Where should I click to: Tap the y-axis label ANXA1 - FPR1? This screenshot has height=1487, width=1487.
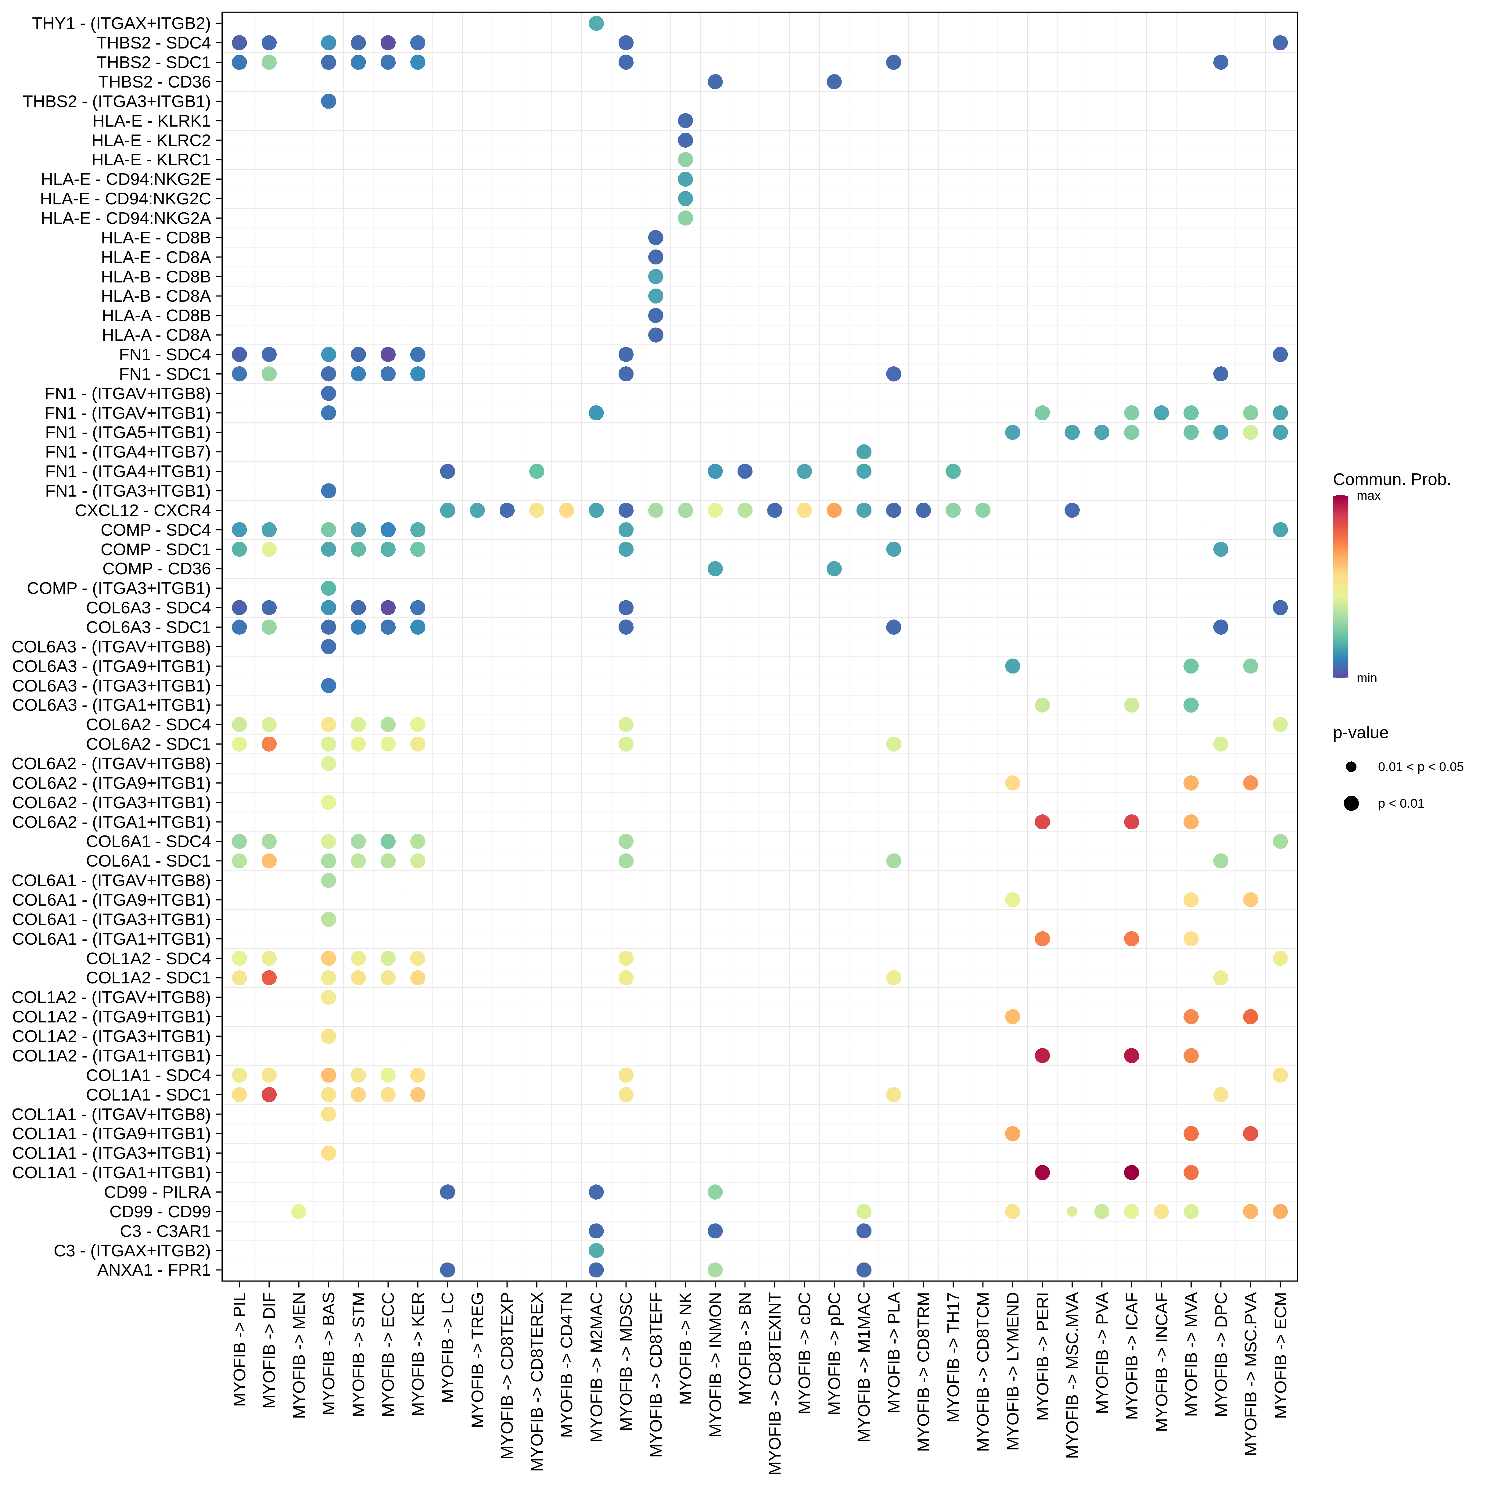[x=154, y=1270]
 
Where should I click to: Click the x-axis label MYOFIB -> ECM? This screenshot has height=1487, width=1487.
[x=1280, y=1355]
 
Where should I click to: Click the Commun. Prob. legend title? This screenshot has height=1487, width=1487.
[x=1392, y=480]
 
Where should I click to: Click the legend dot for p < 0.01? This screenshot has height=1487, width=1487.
[x=1351, y=803]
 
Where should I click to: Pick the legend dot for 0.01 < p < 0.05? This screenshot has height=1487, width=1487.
[x=1351, y=767]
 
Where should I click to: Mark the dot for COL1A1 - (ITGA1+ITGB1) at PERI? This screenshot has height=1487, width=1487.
[x=1042, y=1172]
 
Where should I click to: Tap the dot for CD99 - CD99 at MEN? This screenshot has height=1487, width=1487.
[x=299, y=1212]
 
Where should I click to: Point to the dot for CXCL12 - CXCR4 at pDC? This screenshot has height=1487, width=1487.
[x=834, y=510]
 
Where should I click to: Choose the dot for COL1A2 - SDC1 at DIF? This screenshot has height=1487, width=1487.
[x=269, y=978]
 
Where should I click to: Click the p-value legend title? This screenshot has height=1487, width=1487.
[x=1360, y=733]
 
